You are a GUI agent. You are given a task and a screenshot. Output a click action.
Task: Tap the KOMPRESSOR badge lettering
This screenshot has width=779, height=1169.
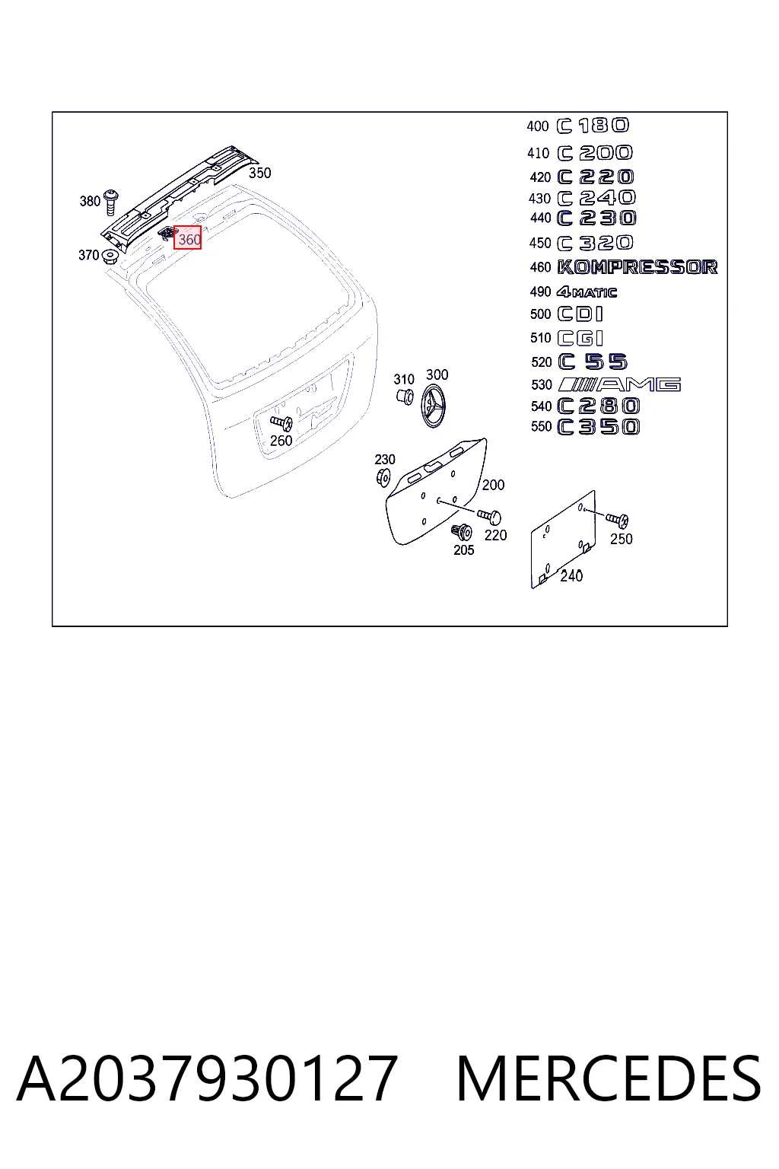coord(637,267)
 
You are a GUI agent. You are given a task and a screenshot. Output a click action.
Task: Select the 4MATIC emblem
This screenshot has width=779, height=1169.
coord(587,292)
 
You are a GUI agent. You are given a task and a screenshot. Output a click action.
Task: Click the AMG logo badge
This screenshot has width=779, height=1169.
coord(619,385)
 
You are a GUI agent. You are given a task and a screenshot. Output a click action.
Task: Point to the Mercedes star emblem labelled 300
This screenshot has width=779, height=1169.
coord(433,406)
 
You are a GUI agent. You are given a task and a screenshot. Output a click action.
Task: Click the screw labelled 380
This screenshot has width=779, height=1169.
coord(111,203)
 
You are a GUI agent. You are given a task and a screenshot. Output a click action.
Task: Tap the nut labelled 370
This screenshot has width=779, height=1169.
coord(110,256)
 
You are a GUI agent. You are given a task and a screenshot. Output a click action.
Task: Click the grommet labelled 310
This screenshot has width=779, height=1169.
coord(404,396)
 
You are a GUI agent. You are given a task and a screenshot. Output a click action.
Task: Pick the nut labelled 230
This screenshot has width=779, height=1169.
coord(383,477)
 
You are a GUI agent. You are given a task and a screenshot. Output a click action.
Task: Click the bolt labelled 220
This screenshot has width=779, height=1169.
coord(489,517)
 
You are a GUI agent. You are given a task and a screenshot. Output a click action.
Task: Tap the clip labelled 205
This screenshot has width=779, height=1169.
coord(462,532)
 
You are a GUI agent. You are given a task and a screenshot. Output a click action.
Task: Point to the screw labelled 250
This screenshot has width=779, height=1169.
coord(617,519)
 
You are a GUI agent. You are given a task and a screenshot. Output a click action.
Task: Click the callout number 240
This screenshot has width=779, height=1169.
coord(571,575)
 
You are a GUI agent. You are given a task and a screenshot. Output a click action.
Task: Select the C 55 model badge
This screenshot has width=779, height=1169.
coord(592,362)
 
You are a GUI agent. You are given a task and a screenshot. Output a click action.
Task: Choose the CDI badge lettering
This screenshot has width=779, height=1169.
coord(580,314)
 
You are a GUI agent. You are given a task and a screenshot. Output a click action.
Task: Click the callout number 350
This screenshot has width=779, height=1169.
coord(259,173)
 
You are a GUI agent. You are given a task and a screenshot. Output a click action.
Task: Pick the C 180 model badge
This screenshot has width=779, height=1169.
coord(593,126)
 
